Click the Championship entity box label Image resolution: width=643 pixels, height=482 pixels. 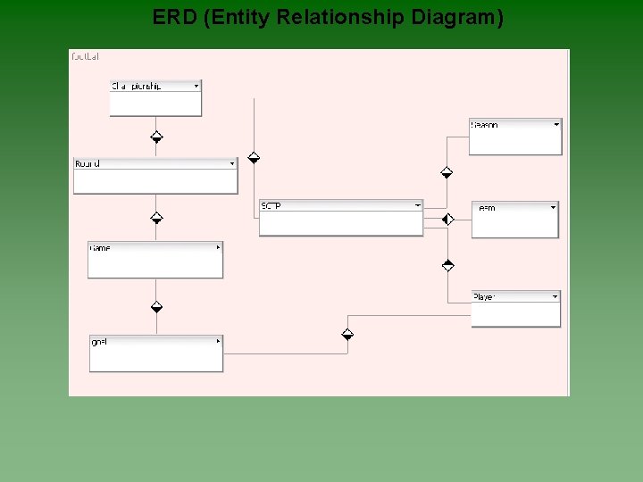tap(136, 86)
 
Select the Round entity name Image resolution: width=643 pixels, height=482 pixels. tap(88, 163)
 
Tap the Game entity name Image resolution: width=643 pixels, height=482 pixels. tap(100, 247)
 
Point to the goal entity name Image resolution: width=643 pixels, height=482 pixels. tap(99, 342)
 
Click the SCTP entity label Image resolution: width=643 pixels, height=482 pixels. tap(271, 206)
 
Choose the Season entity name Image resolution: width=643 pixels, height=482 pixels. tap(485, 125)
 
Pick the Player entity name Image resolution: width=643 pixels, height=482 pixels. tap(484, 296)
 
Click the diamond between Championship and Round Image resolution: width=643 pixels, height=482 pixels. tap(156, 137)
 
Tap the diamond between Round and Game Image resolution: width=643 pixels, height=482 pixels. tap(156, 217)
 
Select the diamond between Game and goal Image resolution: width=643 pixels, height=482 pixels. tap(156, 307)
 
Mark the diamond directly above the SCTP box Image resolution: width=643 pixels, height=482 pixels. tap(254, 158)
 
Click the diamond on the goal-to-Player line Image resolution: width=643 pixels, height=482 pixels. tap(347, 335)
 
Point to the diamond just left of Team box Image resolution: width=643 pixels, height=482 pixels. tap(448, 219)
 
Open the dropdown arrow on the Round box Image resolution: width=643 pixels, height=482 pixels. tap(232, 163)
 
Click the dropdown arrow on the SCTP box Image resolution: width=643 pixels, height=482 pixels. tap(417, 205)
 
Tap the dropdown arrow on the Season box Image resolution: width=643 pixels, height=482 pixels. tap(555, 125)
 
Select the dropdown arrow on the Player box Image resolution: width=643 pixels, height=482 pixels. tap(555, 296)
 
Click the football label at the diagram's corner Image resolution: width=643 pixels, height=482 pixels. tap(85, 56)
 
